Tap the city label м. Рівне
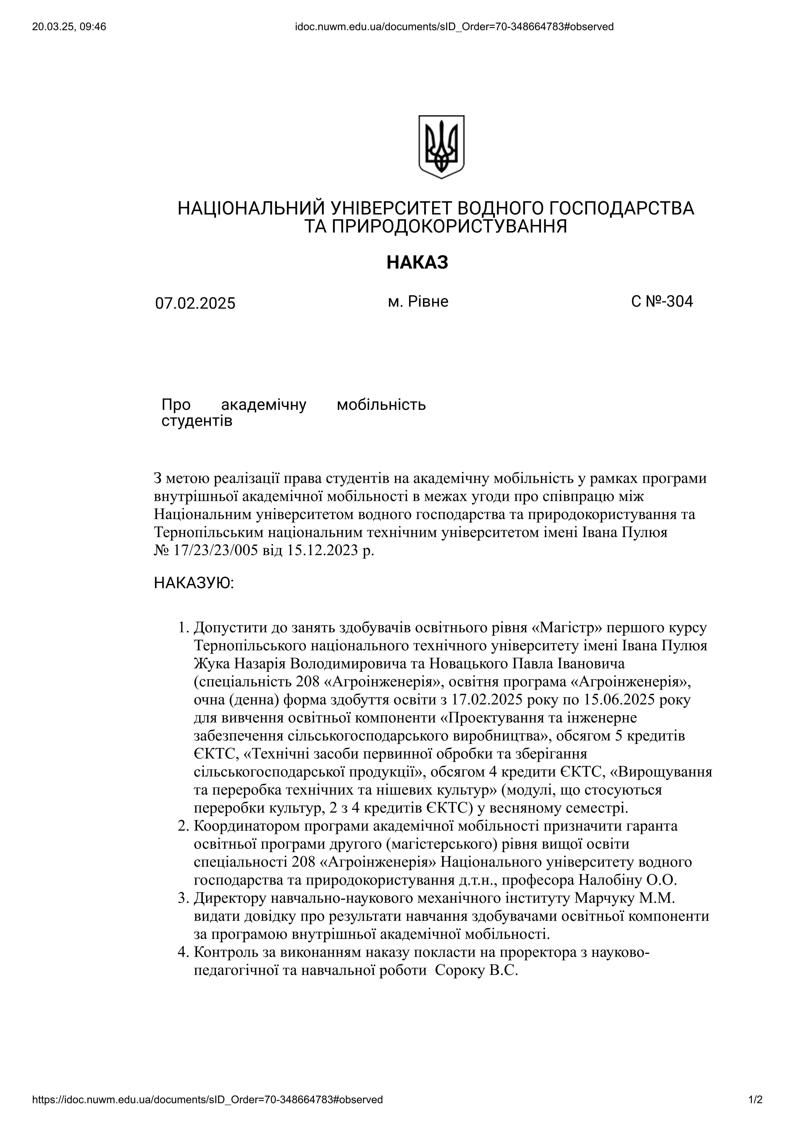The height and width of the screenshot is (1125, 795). pyautogui.click(x=418, y=301)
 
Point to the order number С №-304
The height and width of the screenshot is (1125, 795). pyautogui.click(x=662, y=301)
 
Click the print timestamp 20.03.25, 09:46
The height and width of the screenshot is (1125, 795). pyautogui.click(x=69, y=27)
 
